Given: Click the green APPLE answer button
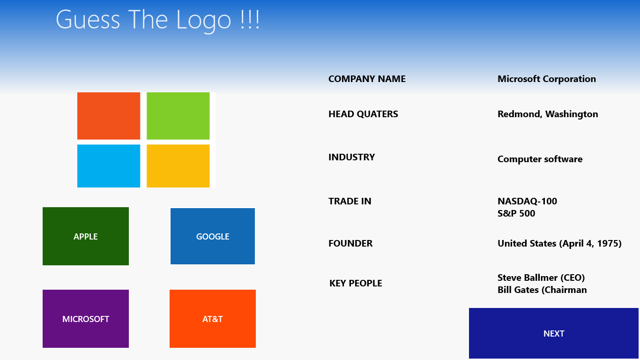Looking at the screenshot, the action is point(86,236).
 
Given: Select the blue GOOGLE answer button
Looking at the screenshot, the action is point(213,236).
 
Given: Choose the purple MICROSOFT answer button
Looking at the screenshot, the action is point(86,319).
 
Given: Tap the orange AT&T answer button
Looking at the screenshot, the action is point(213,319).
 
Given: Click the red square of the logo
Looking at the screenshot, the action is point(109,116).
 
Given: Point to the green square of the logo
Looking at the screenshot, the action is point(178,116).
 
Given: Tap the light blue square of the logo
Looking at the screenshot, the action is point(109,166).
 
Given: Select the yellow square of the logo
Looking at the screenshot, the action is point(178,166).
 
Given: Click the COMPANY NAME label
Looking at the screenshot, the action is point(367,79).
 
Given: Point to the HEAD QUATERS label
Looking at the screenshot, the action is point(363,114).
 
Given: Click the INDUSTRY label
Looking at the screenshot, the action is point(351,157).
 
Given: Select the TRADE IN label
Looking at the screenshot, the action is point(350,201).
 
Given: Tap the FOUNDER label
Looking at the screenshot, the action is point(350,243).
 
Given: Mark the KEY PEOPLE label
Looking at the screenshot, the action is point(356,283).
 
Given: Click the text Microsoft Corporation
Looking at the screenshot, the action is point(547,79).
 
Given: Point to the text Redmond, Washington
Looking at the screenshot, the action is point(548,114).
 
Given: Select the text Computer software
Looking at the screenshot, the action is point(540,159).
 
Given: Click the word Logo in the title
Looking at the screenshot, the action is point(204,21).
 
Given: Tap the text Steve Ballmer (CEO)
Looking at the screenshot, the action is point(541,277).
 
